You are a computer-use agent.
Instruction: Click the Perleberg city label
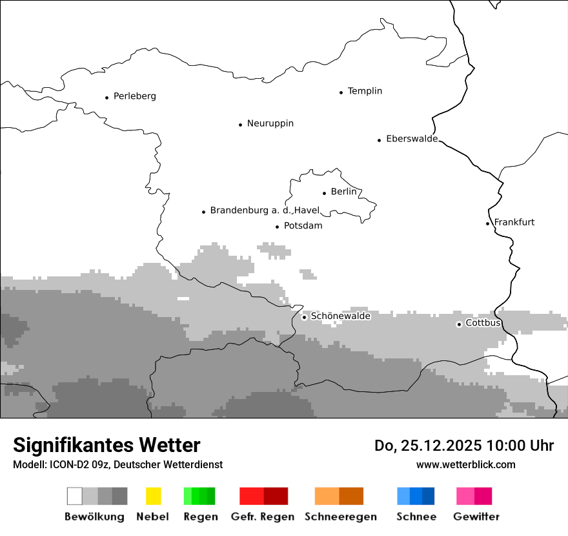click(134, 96)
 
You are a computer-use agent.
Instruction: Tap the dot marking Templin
click(341, 92)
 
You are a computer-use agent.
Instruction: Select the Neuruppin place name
click(270, 123)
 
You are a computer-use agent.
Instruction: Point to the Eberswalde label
click(412, 139)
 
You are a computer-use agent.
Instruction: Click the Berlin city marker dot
click(324, 193)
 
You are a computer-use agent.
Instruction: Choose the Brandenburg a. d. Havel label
click(265, 211)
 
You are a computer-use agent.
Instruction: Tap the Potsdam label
click(303, 226)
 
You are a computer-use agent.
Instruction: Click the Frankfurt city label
click(514, 222)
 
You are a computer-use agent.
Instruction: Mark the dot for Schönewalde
click(304, 317)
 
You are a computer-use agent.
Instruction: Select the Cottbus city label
click(483, 323)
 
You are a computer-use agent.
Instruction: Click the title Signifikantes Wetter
click(107, 446)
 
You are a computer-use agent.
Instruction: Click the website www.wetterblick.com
click(465, 464)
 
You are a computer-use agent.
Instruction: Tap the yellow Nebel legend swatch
click(154, 496)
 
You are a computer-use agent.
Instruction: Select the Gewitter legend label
click(476, 517)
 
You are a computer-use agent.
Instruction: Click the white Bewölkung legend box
click(75, 496)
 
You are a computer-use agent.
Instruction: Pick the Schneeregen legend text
click(340, 517)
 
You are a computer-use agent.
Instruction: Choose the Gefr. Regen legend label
click(263, 517)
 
